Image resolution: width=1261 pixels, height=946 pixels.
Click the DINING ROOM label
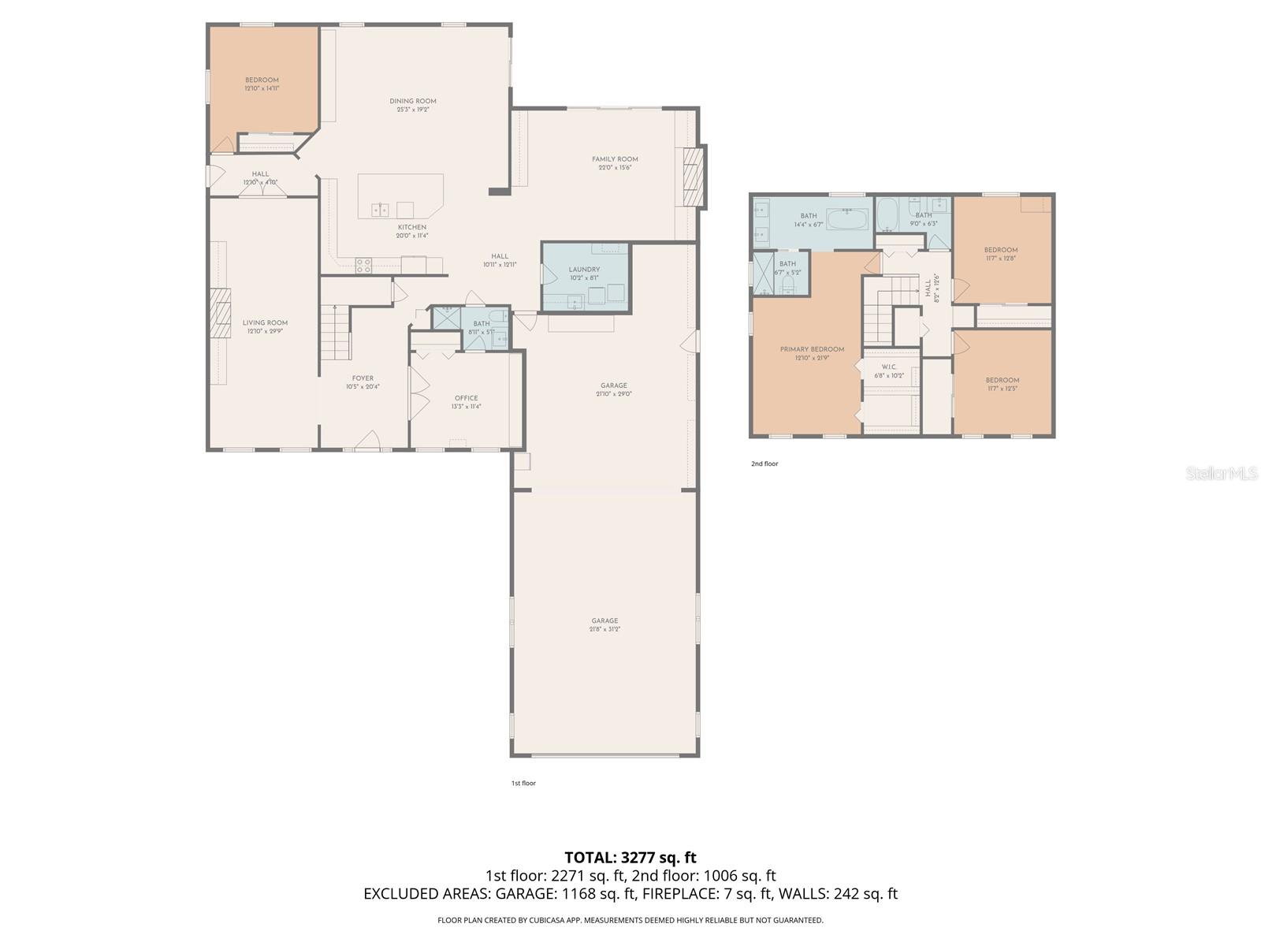412,101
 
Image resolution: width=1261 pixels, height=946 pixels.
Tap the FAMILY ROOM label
615,159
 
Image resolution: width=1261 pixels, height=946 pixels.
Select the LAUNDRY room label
584,270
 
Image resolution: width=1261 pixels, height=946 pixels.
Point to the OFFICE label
466,398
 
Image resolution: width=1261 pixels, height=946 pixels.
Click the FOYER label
363,378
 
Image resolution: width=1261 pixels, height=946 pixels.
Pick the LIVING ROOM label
265,322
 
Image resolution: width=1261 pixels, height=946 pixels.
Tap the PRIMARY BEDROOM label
812,349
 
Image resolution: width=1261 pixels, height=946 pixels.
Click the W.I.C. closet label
889,367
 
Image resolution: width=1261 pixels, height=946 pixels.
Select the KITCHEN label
411,227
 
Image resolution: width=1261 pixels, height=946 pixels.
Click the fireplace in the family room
691,177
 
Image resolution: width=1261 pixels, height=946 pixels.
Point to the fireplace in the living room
221,313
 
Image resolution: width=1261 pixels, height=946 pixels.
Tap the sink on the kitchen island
380,210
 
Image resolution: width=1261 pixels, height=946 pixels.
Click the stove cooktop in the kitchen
363,266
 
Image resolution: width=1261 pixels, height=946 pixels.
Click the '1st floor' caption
523,783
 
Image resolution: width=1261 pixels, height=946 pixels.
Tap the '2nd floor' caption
764,464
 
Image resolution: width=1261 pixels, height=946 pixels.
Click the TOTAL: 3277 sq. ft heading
630,857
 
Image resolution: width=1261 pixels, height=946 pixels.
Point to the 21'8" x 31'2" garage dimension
604,629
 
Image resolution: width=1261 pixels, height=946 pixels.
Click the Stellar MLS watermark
1221,473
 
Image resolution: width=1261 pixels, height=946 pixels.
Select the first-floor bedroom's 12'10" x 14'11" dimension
262,88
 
